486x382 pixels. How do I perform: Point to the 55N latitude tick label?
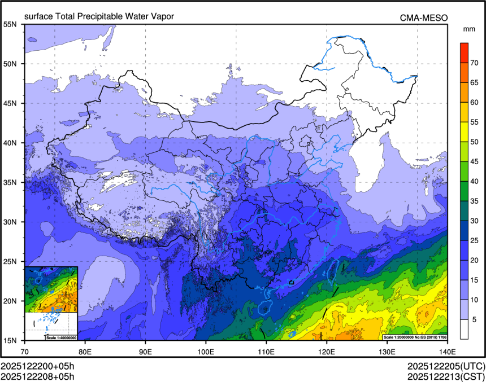click(x=10, y=24)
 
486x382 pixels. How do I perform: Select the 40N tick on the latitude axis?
click(x=10, y=143)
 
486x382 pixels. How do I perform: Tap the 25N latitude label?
click(x=10, y=261)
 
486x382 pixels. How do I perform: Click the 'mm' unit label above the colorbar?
click(x=468, y=28)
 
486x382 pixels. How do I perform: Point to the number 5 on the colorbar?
click(x=475, y=319)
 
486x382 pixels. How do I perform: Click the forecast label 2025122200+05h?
click(x=37, y=366)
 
